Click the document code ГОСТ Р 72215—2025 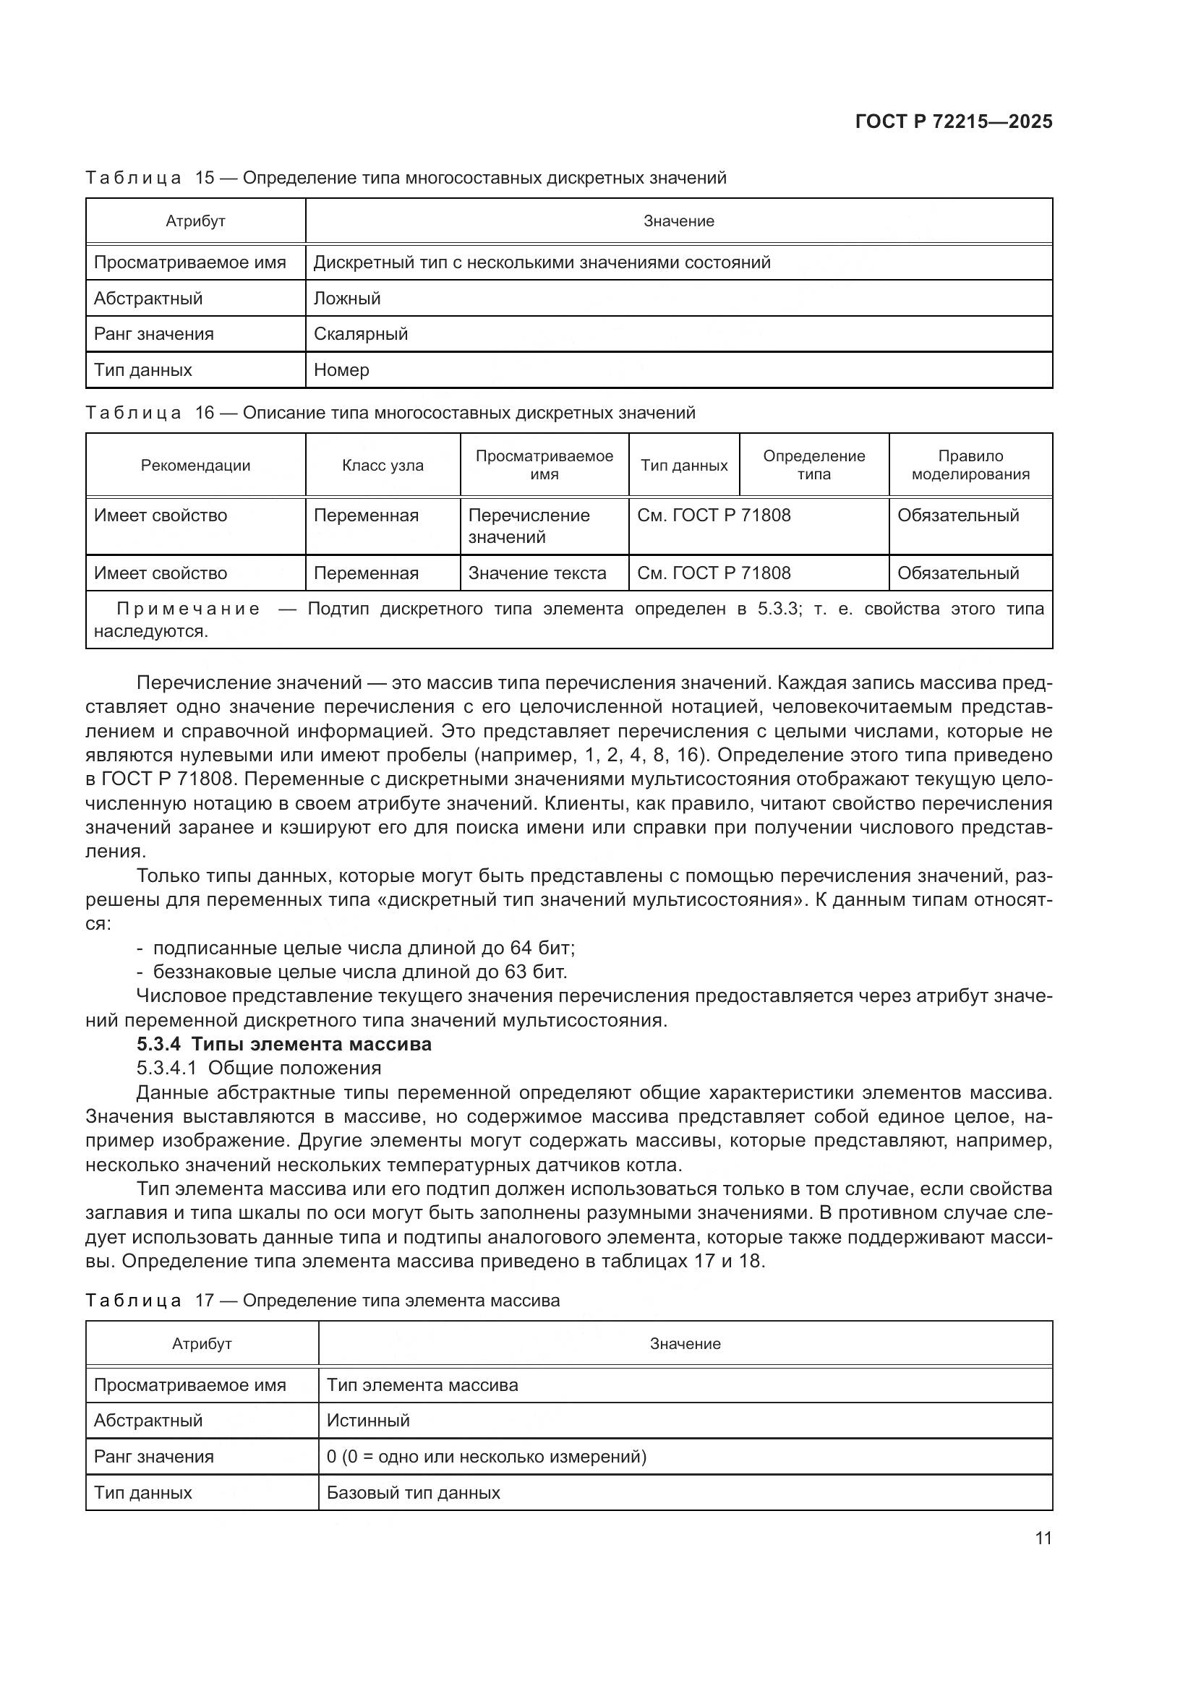pos(954,121)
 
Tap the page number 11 pos(1043,1538)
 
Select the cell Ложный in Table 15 pos(347,299)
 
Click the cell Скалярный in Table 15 pos(361,335)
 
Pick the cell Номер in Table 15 pos(342,370)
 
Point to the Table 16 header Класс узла pos(383,466)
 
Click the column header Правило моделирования pos(970,466)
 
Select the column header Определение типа pos(813,466)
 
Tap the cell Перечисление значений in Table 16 pos(529,526)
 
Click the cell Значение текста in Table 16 pos(537,573)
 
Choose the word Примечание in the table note pos(189,609)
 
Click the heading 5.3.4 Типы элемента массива pos(284,1045)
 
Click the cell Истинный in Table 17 pos(368,1421)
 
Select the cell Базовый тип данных pos(413,1493)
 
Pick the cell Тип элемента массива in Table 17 pos(423,1385)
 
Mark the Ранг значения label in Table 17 pos(154,1457)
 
